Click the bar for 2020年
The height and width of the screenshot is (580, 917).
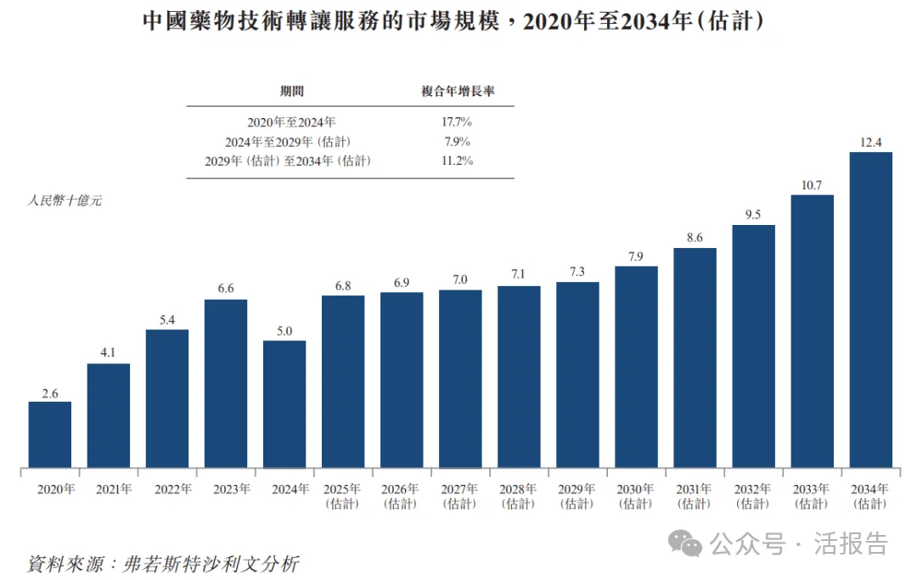pos(50,434)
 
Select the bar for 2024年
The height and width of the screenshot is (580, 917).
pos(284,403)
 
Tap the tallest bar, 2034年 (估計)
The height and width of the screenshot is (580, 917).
pos(871,310)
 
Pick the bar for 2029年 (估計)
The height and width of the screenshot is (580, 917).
pos(577,374)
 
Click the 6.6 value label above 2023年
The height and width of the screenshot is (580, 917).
pos(226,289)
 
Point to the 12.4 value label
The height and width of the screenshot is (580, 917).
pos(871,142)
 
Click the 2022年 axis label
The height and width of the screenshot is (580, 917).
pos(167,489)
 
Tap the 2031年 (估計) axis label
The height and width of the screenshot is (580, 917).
pos(695,496)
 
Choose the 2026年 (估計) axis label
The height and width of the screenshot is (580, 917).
pos(402,496)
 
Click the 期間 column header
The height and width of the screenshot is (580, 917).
pos(292,91)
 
